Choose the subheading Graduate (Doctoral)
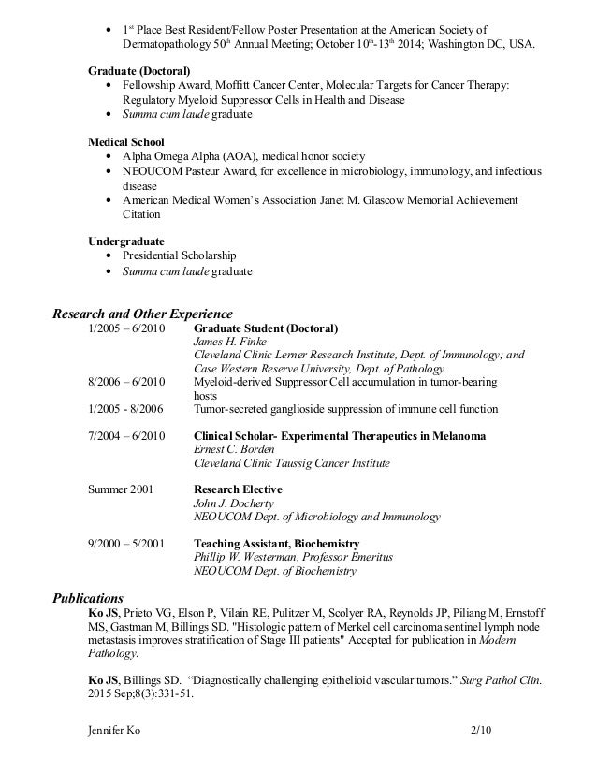tap(139, 71)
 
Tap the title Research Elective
tap(237, 489)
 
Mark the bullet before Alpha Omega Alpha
tap(113, 155)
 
